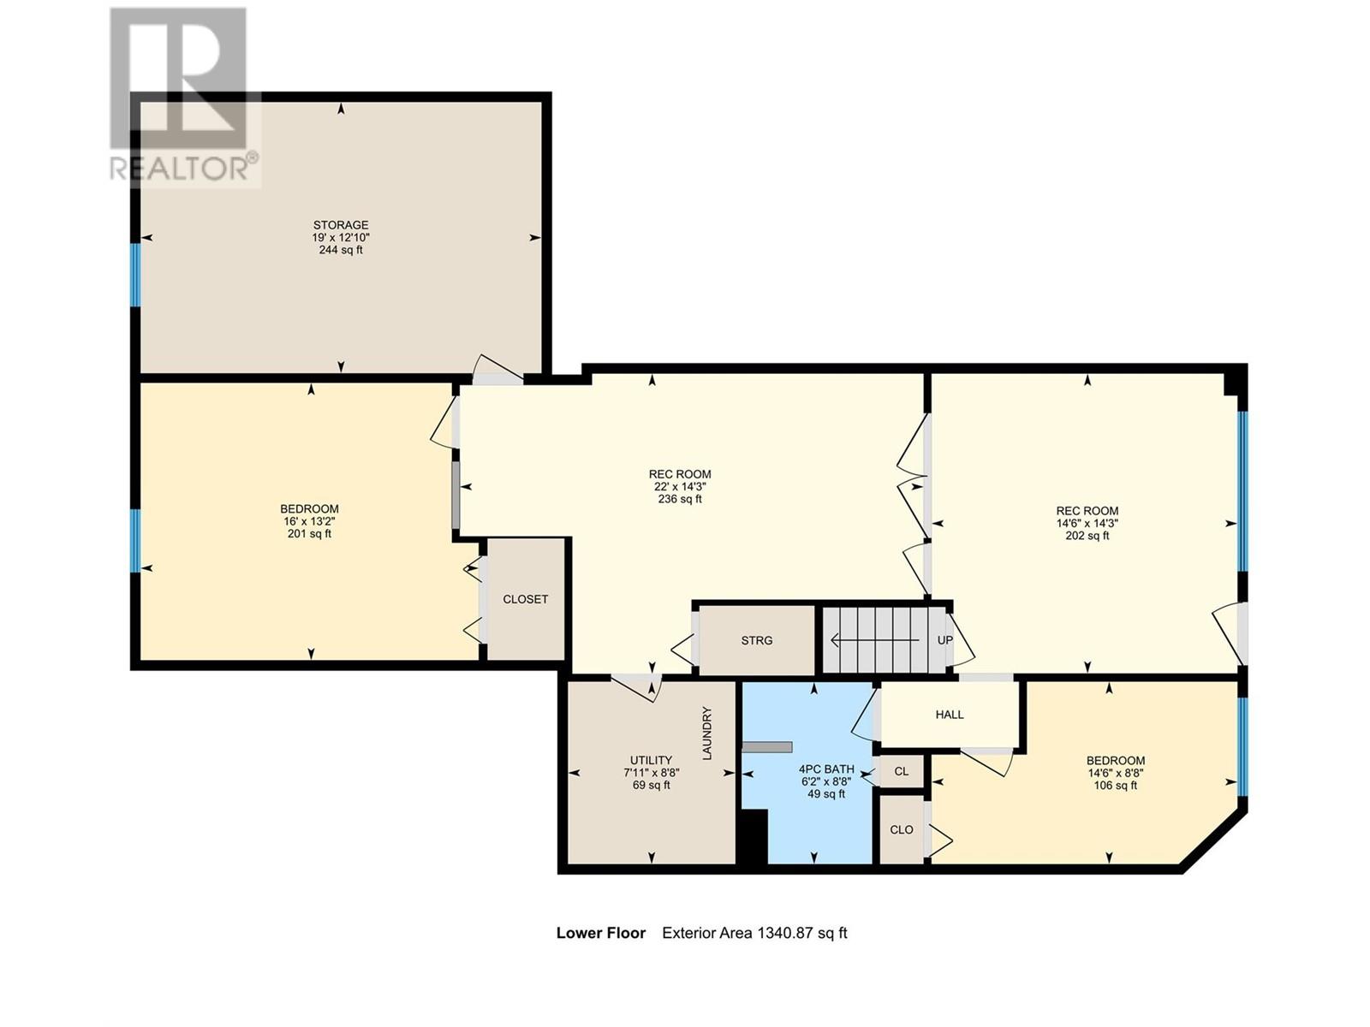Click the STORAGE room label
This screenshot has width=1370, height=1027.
pyautogui.click(x=340, y=225)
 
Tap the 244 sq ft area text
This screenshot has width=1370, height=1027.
pyautogui.click(x=340, y=250)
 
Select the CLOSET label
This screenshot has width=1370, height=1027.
pyautogui.click(x=525, y=599)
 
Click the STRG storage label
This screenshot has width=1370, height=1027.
pyautogui.click(x=756, y=640)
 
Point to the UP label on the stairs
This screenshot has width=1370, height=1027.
pyautogui.click(x=945, y=640)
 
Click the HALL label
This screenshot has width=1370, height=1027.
pyautogui.click(x=950, y=715)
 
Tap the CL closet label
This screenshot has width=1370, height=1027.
pyautogui.click(x=902, y=771)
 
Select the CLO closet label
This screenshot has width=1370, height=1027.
pyautogui.click(x=902, y=830)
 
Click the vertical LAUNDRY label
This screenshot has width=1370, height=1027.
pyautogui.click(x=707, y=733)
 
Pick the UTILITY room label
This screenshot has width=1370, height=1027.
pyautogui.click(x=651, y=760)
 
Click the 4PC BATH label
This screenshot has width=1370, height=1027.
pyautogui.click(x=826, y=769)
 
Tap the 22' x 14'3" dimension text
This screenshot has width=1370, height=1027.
pyautogui.click(x=680, y=487)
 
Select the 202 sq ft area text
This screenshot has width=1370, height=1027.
pyautogui.click(x=1087, y=536)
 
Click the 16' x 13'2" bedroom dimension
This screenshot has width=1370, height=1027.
pyautogui.click(x=310, y=521)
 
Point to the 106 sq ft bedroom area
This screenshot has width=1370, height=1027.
pyautogui.click(x=1116, y=785)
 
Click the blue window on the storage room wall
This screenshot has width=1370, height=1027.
pyautogui.click(x=134, y=275)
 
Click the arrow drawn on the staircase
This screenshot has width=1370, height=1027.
pyautogui.click(x=874, y=640)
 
